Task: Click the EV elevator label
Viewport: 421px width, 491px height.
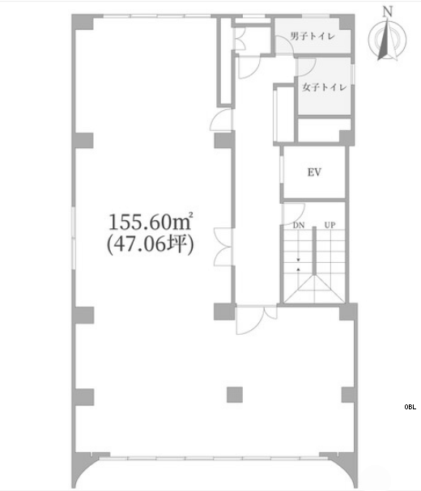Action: (x=314, y=172)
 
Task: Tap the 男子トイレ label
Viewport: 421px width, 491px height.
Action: (x=313, y=36)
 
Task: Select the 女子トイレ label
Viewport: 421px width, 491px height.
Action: (x=325, y=87)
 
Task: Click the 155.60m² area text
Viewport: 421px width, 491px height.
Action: (x=151, y=222)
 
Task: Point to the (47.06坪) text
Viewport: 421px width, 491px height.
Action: (x=151, y=244)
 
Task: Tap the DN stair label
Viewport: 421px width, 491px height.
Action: (x=299, y=225)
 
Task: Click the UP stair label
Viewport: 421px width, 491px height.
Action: (x=330, y=225)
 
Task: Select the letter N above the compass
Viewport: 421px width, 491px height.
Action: (x=388, y=12)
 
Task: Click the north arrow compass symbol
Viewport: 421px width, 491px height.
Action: (x=388, y=40)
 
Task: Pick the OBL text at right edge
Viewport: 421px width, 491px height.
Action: (x=410, y=407)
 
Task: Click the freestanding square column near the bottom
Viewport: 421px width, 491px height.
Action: (x=235, y=395)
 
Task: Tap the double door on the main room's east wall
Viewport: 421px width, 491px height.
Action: (x=223, y=248)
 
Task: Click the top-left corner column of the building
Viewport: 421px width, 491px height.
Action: (x=82, y=22)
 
